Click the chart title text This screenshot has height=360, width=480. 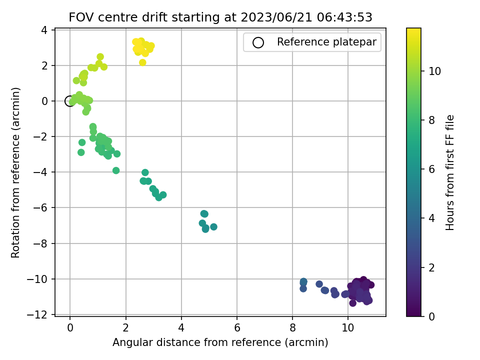[220, 17]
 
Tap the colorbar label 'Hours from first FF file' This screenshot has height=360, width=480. [449, 172]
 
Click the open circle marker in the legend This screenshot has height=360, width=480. [258, 42]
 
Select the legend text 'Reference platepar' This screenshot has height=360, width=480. [326, 42]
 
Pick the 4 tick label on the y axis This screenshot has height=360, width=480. [44, 30]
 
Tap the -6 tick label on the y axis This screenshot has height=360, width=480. [40, 208]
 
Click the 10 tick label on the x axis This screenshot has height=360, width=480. [348, 328]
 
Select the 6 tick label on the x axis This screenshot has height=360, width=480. [237, 328]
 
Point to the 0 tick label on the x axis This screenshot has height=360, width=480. [70, 328]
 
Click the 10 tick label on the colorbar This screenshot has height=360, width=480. [434, 71]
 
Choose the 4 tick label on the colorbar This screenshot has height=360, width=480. [431, 218]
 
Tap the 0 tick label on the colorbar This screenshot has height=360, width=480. [431, 316]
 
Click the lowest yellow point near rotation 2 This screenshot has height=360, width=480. [142, 62]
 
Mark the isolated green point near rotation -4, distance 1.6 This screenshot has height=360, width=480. [116, 170]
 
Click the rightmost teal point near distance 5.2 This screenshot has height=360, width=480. [213, 227]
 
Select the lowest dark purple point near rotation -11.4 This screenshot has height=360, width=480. [352, 303]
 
